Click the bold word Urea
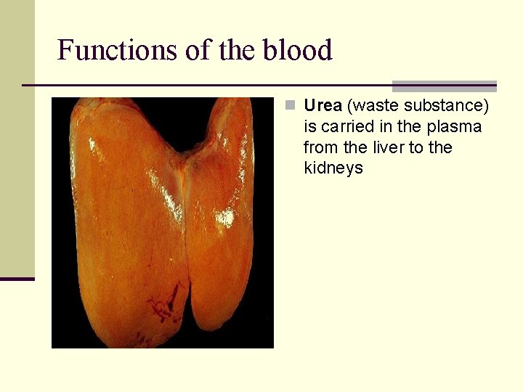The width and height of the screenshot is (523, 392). click(323, 106)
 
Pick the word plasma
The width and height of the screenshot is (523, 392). click(454, 127)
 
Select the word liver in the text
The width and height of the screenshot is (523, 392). click(395, 148)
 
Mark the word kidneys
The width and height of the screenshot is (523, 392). click(333, 169)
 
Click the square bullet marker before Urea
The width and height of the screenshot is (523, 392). click(290, 106)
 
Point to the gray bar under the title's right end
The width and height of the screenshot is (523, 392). click(444, 86)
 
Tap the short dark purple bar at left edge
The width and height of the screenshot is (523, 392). click(17, 279)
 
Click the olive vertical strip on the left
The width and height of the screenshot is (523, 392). click(17, 138)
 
